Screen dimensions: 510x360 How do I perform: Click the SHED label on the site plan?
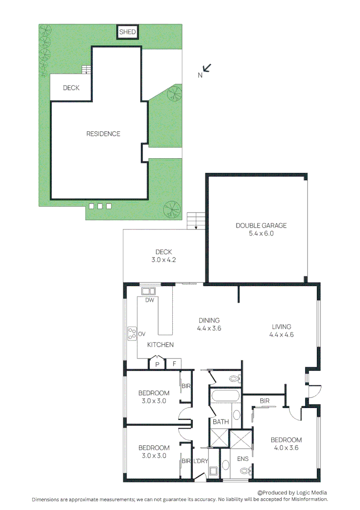pos(127,33)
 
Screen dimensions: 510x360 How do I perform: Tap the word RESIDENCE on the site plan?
pos(103,134)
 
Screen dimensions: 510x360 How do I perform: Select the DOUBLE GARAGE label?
pos(261,226)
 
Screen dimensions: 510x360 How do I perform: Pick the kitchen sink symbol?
pos(150,291)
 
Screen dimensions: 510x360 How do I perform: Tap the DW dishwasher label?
pos(150,300)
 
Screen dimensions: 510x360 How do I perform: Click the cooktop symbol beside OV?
pos(131,334)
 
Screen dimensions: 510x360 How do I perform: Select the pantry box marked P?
pos(156,364)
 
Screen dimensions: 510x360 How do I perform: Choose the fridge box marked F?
pos(174,364)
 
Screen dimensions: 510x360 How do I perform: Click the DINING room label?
pos(209,320)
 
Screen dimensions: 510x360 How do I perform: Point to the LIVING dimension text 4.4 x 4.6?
pos(281,335)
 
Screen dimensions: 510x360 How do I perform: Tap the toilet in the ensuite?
pos(245,470)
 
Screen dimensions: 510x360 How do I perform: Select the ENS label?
pos(243,459)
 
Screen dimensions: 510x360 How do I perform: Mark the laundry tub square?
pos(213,470)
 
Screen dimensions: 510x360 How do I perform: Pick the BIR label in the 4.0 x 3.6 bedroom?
pos(264,401)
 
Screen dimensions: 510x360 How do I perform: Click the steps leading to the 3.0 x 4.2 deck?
pos(196,221)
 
